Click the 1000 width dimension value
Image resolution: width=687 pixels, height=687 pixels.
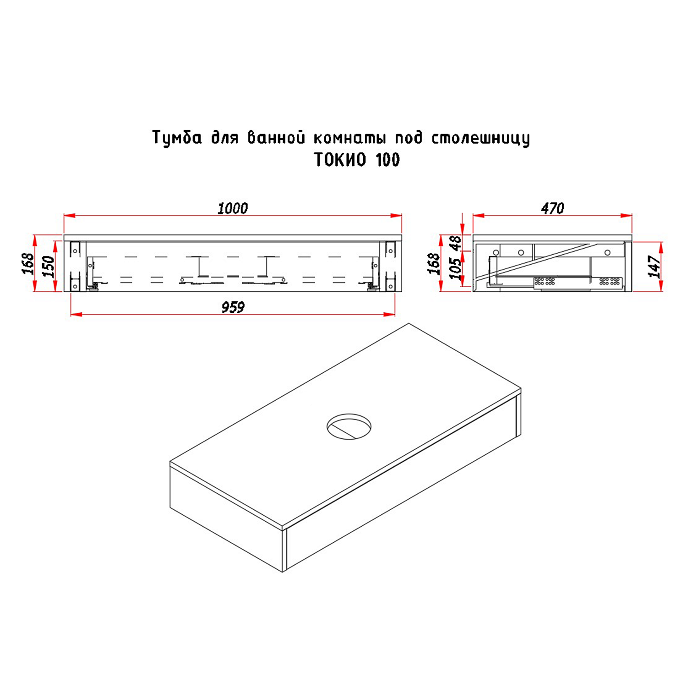(233, 208)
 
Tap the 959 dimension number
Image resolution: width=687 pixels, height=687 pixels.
(233, 307)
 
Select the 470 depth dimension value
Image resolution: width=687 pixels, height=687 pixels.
(552, 208)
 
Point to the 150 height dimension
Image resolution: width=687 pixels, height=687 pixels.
(49, 267)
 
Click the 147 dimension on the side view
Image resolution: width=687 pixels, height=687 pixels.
(655, 267)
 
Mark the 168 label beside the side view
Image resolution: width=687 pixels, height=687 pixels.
(434, 264)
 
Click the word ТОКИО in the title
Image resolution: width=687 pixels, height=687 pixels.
(340, 160)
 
